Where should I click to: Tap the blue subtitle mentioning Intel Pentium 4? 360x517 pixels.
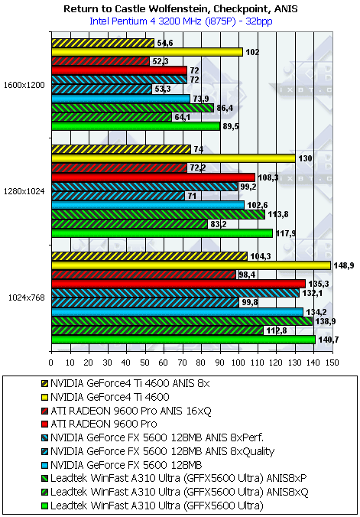180,21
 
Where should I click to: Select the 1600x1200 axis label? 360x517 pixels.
24,84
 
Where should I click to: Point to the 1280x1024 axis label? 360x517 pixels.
24,191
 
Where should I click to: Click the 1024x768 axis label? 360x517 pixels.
27,298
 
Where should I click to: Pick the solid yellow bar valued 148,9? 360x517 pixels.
191,265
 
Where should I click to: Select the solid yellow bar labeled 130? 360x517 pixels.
173,158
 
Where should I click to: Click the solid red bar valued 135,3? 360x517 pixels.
178,284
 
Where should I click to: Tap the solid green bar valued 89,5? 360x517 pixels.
135,126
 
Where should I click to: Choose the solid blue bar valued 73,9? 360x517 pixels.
121,99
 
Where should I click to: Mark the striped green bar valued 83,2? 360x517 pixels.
129,224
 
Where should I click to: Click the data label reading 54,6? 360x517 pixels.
164,43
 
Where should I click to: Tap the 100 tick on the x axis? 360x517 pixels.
238,363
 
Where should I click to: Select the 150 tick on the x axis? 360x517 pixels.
332,363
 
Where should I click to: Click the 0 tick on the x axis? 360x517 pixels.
51,363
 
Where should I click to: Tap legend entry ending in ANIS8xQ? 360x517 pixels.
175,493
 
